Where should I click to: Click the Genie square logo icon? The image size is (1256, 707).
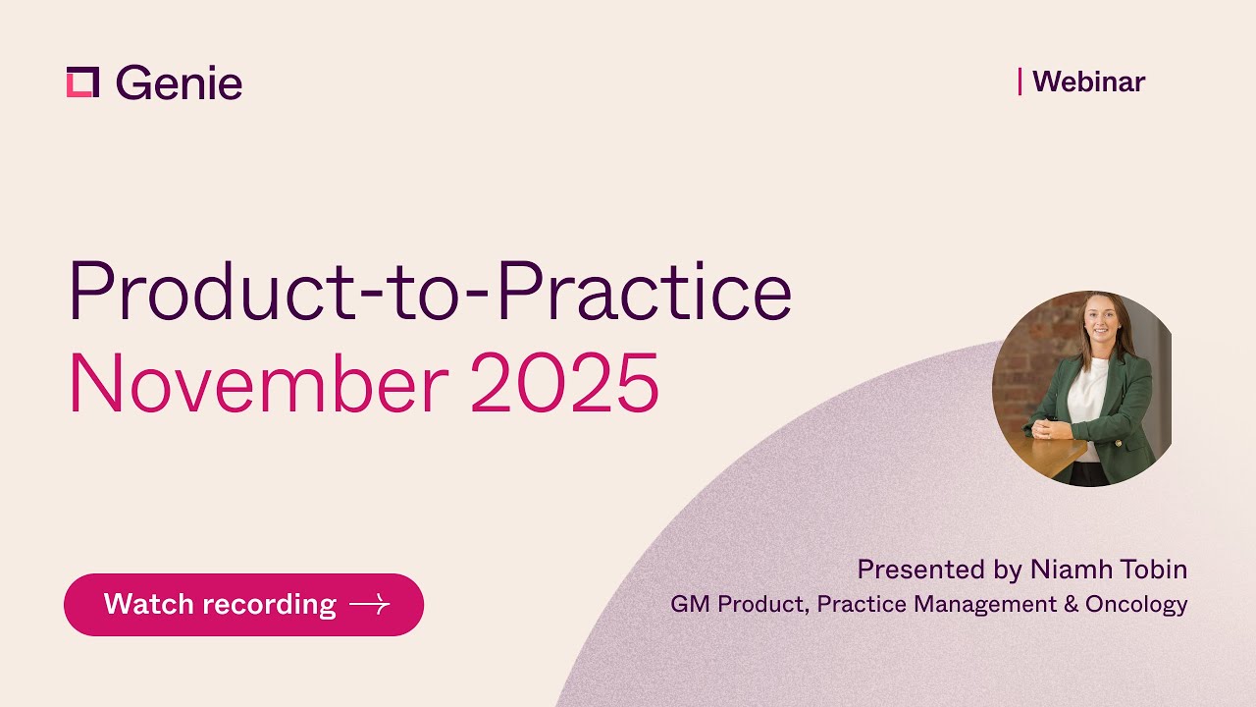pyautogui.click(x=82, y=82)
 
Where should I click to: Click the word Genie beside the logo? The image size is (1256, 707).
pyautogui.click(x=179, y=83)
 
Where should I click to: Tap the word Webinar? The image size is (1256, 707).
pyautogui.click(x=1088, y=82)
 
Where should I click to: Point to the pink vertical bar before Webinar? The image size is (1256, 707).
pyautogui.click(x=1020, y=82)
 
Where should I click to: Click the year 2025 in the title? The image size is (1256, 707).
pyautogui.click(x=564, y=384)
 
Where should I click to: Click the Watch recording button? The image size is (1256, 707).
pyautogui.click(x=243, y=604)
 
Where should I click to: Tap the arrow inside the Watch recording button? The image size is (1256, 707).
pyautogui.click(x=369, y=605)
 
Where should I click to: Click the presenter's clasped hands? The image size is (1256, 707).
pyautogui.click(x=1048, y=429)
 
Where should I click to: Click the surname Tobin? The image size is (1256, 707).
pyautogui.click(x=1158, y=570)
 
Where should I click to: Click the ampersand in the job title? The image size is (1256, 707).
pyautogui.click(x=1071, y=604)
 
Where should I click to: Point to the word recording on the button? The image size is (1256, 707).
pyautogui.click(x=278, y=604)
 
